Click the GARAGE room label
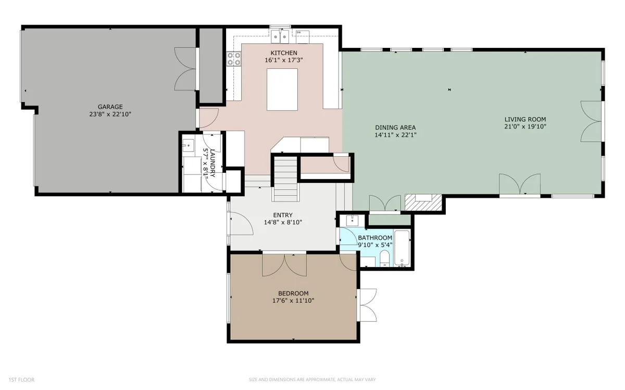click(x=110, y=107)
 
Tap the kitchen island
click(x=282, y=90)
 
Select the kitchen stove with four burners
click(x=234, y=59)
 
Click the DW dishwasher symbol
click(x=303, y=37)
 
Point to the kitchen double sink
click(x=280, y=36)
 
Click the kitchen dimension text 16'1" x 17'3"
click(x=284, y=60)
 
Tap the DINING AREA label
click(x=395, y=128)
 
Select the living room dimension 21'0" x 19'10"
click(x=525, y=127)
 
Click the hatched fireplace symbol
click(x=423, y=202)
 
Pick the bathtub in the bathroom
click(x=402, y=248)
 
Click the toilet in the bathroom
click(x=385, y=258)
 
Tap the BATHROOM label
click(x=375, y=237)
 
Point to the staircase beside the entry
click(x=285, y=179)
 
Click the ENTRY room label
click(x=283, y=215)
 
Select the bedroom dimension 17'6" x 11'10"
click(x=293, y=300)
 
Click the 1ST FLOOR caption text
click(x=21, y=380)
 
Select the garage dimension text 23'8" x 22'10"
click(x=110, y=114)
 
